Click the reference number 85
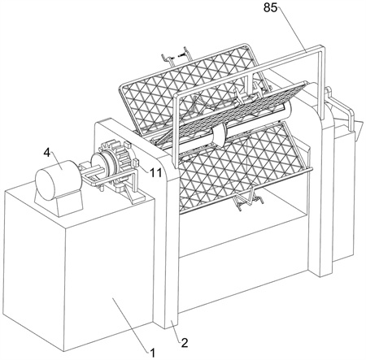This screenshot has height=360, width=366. (270, 7)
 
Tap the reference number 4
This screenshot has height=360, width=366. (47, 153)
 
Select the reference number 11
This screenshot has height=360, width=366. (155, 172)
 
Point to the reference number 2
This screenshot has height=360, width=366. (185, 343)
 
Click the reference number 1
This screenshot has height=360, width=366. (153, 353)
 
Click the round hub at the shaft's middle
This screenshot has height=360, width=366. (220, 133)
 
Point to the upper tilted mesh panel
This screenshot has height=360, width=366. (190, 89)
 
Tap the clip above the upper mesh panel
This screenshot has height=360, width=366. (176, 56)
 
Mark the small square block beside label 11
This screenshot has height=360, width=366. (136, 164)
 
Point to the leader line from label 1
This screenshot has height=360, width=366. (131, 325)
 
